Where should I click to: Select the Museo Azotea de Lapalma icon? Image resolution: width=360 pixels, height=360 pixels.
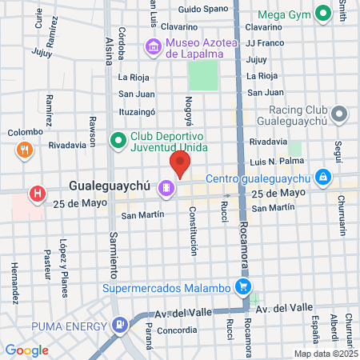click(x=152, y=48)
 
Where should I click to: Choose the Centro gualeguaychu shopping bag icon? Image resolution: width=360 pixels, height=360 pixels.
click(x=322, y=176)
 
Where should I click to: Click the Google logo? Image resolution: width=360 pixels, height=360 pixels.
click(x=26, y=350)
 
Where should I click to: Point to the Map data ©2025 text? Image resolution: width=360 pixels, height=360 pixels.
click(x=325, y=353)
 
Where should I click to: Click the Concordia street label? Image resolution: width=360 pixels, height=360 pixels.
click(x=176, y=330)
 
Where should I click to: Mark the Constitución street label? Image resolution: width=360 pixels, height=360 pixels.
click(x=193, y=231)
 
